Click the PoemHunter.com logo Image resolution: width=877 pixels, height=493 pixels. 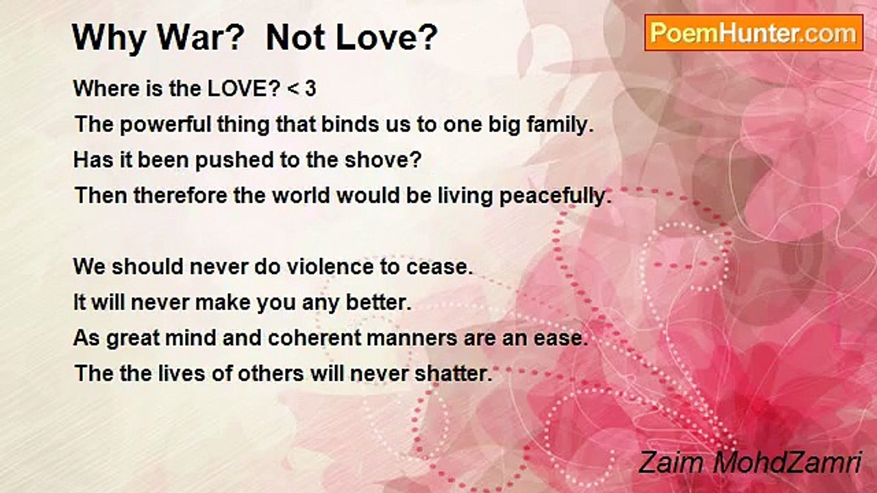tap(754, 33)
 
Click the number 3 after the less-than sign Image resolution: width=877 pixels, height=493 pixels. tap(310, 88)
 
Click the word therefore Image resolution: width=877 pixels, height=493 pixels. tap(180, 195)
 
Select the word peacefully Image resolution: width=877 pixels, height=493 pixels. tap(555, 196)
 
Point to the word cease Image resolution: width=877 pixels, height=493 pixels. tap(440, 268)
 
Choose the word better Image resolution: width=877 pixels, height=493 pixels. tap(379, 303)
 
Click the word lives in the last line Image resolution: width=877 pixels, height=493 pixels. tap(182, 373)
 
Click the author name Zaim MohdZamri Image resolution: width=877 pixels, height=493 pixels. tap(750, 462)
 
